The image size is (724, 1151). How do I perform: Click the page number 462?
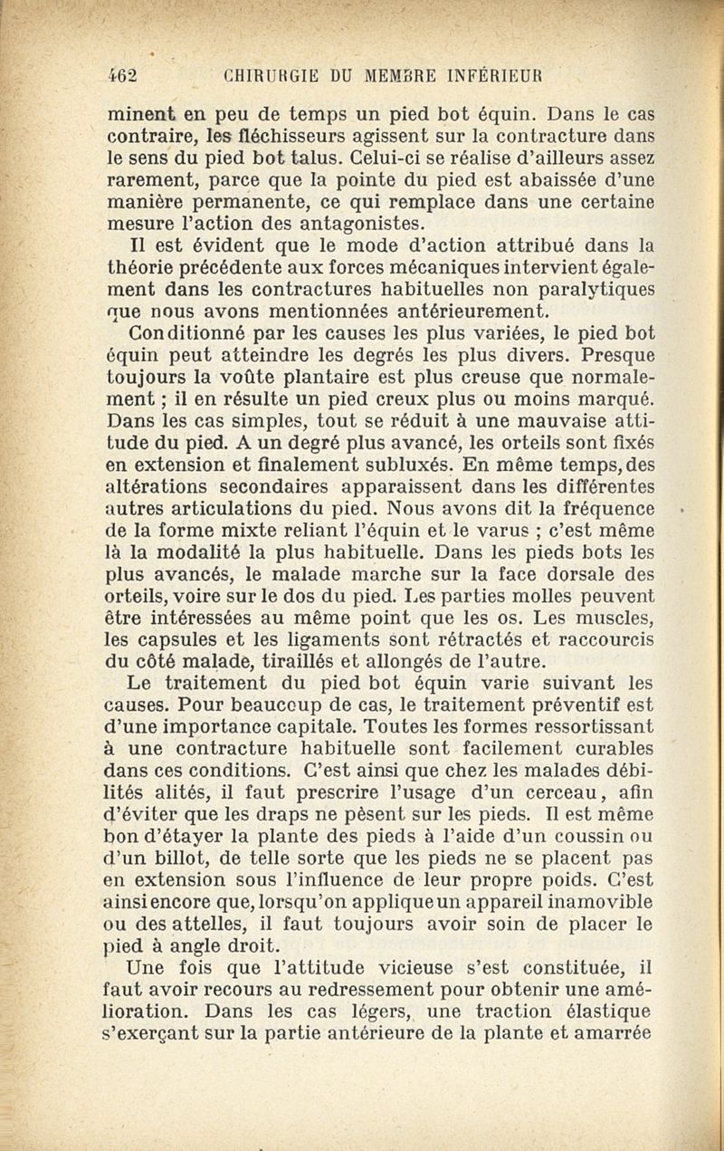(x=121, y=75)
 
